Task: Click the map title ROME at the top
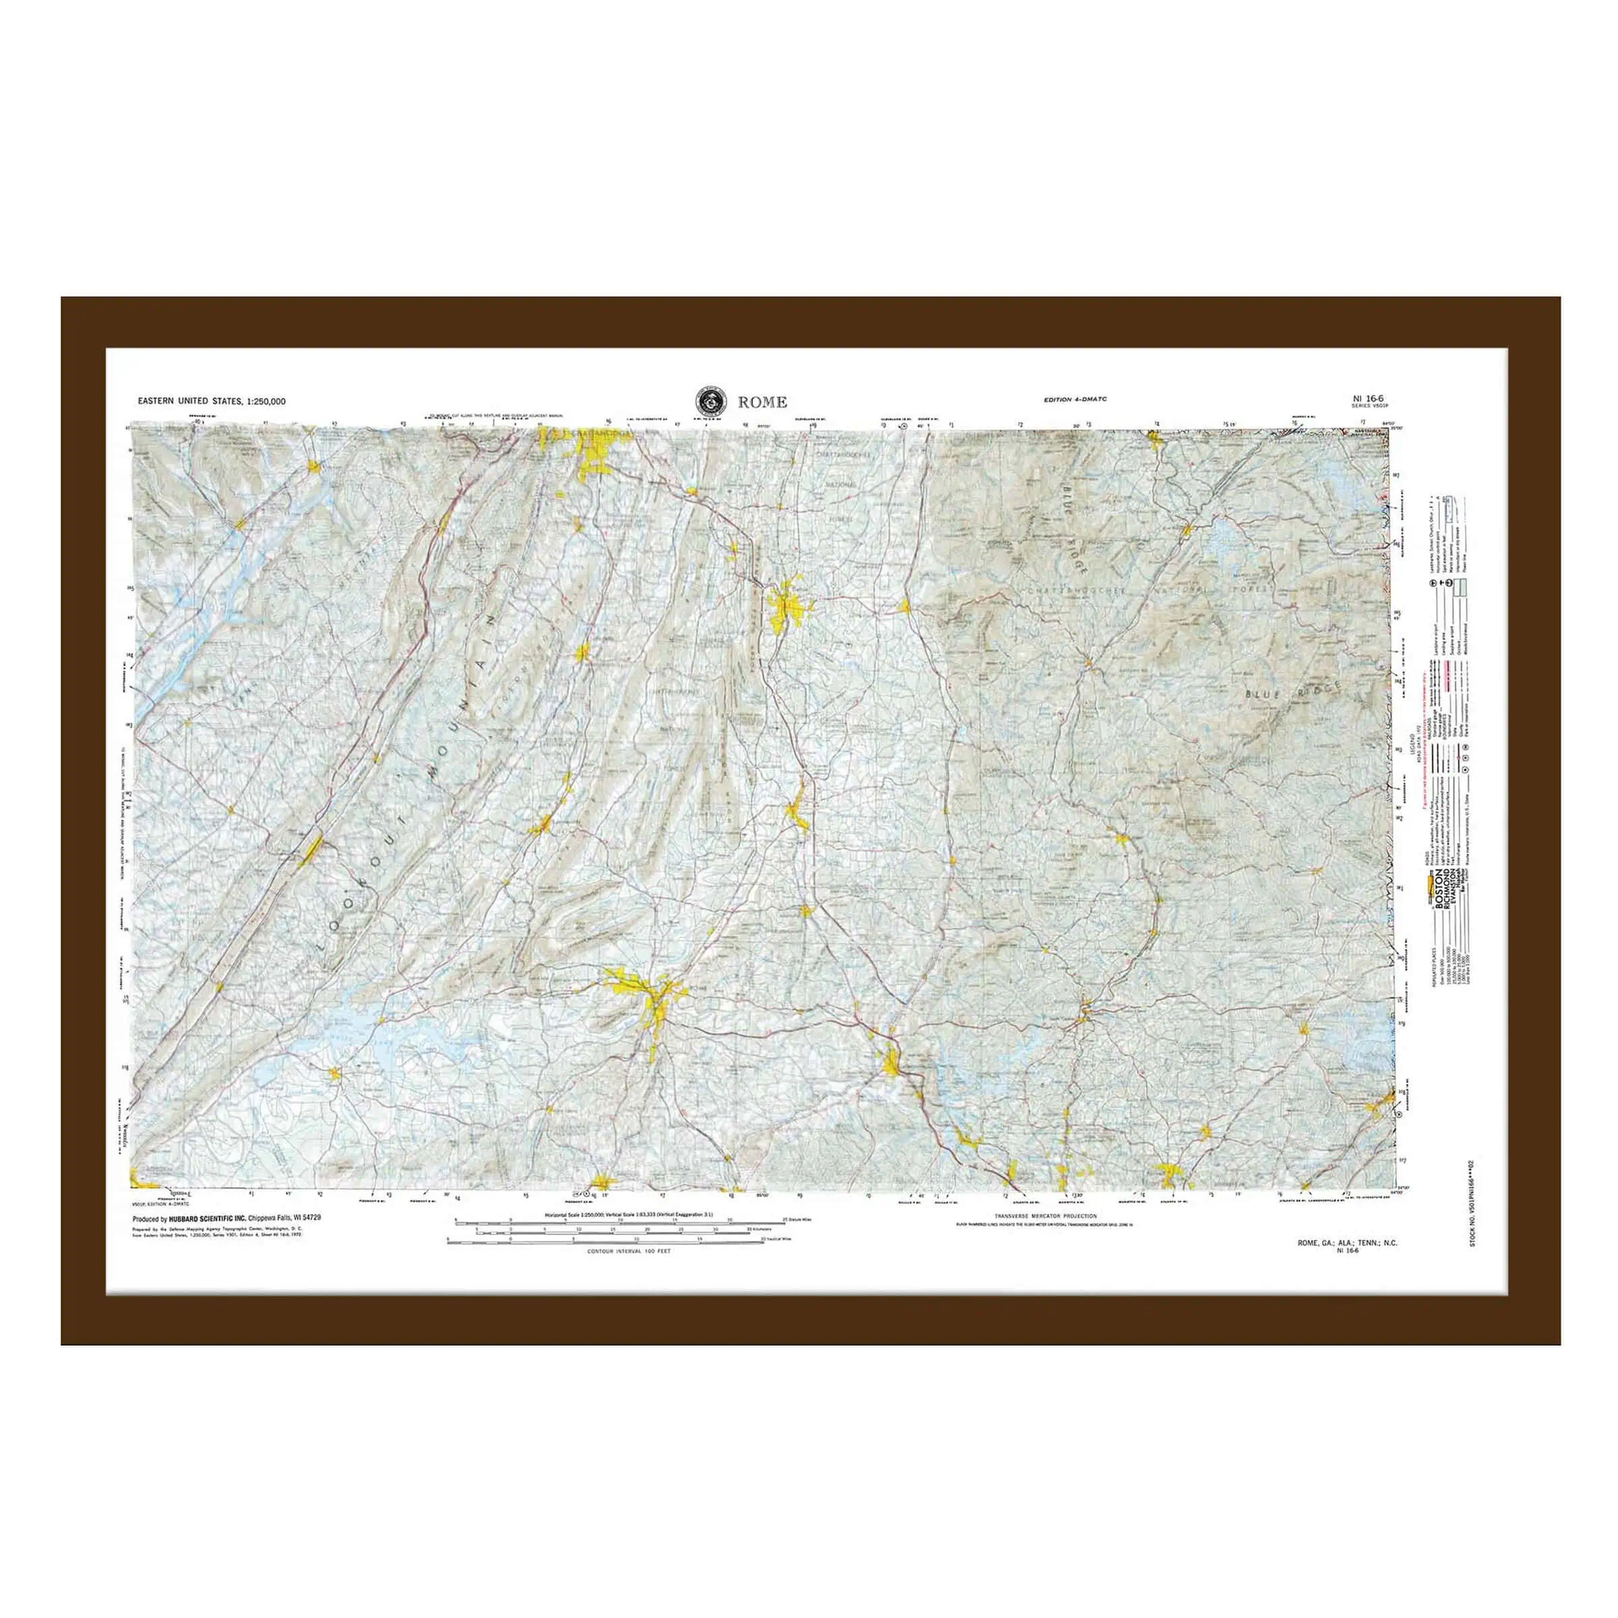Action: tap(762, 402)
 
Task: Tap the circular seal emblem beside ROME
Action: tap(710, 401)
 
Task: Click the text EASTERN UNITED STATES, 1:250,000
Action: tap(212, 401)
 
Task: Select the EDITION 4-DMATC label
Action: tap(1075, 400)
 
